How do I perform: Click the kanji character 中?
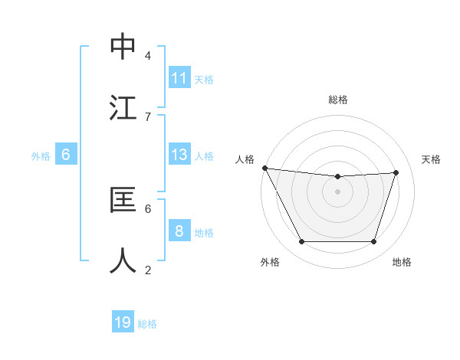click(123, 47)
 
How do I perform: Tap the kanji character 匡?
click(123, 200)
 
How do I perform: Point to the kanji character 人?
click(123, 260)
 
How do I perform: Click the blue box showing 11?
click(179, 78)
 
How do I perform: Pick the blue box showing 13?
click(179, 155)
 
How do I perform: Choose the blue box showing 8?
click(179, 231)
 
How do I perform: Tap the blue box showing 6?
click(66, 155)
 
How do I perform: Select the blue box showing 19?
click(123, 322)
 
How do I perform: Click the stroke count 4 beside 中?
click(148, 56)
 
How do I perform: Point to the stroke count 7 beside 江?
click(148, 116)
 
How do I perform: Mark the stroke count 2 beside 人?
click(148, 270)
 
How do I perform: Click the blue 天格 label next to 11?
click(204, 79)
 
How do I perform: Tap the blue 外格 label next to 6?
click(41, 155)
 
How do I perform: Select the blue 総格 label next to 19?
click(147, 323)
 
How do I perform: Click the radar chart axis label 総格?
click(338, 100)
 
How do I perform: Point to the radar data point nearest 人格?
click(264, 168)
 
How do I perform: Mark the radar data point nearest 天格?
click(396, 172)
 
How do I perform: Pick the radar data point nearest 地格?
click(374, 242)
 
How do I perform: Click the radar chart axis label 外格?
click(270, 262)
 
